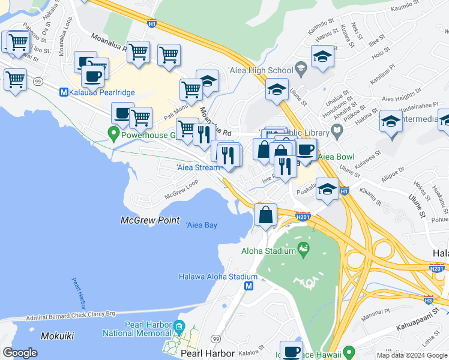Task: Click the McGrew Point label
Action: [x=150, y=220]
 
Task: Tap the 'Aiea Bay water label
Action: [x=201, y=225]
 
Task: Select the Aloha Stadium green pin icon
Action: [x=303, y=248]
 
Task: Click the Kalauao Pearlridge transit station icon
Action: [x=64, y=92]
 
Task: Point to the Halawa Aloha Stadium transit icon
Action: [x=249, y=287]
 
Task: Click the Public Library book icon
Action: [x=337, y=131]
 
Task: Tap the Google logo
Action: [x=20, y=352]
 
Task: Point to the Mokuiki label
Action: [x=58, y=336]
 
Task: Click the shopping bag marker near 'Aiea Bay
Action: [x=265, y=215]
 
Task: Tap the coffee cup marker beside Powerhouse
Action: [x=122, y=113]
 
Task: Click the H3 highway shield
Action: [x=428, y=299]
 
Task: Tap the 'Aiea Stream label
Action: [x=198, y=167]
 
